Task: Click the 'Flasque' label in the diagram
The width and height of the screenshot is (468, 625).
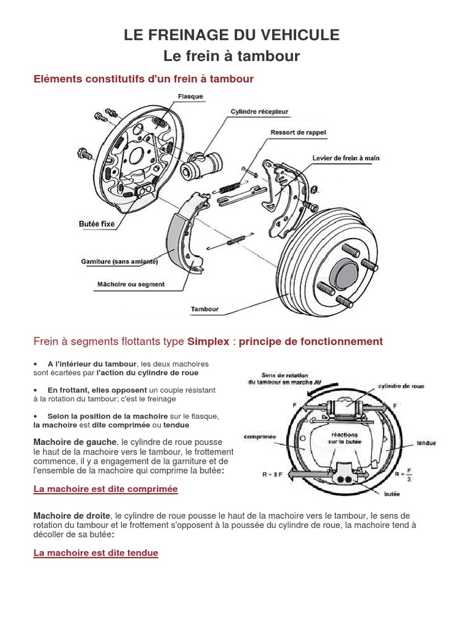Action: tap(191, 96)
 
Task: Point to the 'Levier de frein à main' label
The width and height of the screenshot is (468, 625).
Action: tap(346, 158)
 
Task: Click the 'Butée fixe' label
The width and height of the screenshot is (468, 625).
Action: tap(96, 224)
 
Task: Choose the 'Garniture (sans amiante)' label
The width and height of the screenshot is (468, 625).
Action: tap(119, 262)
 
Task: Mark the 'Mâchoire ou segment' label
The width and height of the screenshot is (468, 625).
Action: tap(131, 284)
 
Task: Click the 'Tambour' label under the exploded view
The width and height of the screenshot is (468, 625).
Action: tap(204, 309)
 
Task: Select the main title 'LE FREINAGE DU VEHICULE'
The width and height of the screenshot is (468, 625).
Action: tap(232, 35)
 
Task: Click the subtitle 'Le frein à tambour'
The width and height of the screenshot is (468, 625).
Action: tap(232, 56)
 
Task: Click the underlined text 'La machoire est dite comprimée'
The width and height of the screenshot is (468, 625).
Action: tap(105, 489)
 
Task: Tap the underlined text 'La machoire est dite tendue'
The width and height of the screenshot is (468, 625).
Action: tap(96, 553)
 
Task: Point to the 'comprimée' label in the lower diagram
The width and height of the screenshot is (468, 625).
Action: tap(260, 437)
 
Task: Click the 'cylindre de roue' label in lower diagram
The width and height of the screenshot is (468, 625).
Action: tap(402, 386)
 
